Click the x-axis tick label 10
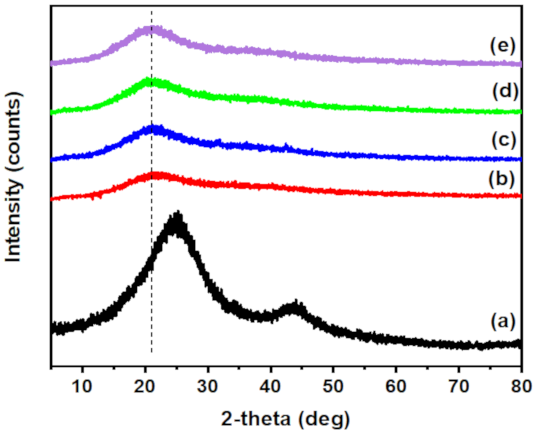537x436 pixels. pyautogui.click(x=82, y=386)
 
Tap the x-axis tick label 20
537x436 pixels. pyautogui.click(x=145, y=386)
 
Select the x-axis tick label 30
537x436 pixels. pyautogui.click(x=208, y=386)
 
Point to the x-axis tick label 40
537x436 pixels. pyautogui.click(x=270, y=386)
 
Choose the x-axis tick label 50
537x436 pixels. pyautogui.click(x=333, y=386)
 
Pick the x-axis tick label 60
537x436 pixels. pyautogui.click(x=396, y=386)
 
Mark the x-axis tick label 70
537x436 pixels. pyautogui.click(x=459, y=386)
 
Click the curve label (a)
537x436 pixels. pyautogui.click(x=503, y=321)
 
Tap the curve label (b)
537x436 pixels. pyautogui.click(x=502, y=179)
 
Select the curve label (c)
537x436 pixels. pyautogui.click(x=504, y=140)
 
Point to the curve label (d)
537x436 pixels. pyautogui.click(x=505, y=92)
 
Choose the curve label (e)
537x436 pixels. pyautogui.click(x=503, y=46)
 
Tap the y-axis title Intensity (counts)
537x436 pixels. pyautogui.click(x=13, y=177)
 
